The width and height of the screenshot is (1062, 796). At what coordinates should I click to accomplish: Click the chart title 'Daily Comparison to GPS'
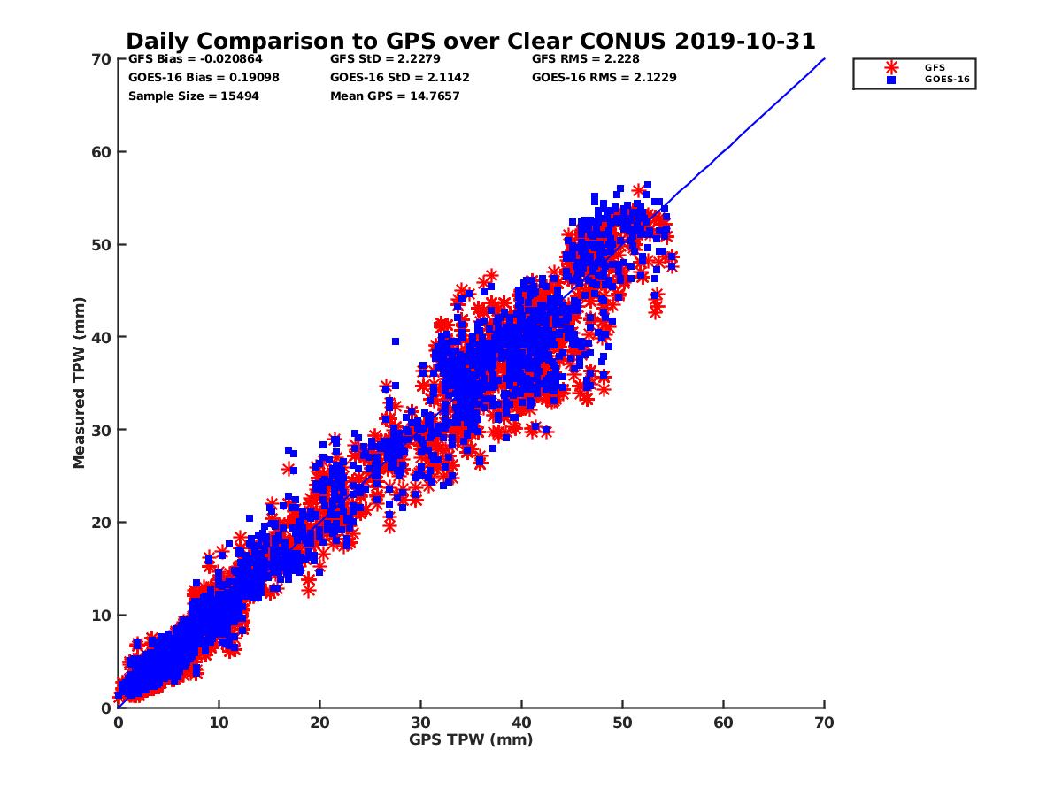coord(470,42)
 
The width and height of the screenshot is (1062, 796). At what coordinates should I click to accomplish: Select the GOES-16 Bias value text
coord(190,78)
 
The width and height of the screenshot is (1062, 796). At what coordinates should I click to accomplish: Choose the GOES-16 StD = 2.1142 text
coord(400,78)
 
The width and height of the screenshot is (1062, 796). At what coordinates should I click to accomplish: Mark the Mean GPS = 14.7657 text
coord(395,96)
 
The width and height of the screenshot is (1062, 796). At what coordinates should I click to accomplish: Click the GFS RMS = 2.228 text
coord(586,59)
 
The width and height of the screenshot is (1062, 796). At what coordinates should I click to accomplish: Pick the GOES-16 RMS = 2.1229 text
coord(597,78)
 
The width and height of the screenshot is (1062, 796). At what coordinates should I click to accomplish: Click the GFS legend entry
coord(934,67)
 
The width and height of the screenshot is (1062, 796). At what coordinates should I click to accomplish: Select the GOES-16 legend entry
coord(942,80)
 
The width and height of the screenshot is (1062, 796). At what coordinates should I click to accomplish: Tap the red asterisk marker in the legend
coord(891,67)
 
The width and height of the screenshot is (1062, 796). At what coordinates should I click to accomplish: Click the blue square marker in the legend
coord(891,80)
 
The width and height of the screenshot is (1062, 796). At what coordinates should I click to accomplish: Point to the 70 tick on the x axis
coord(824,723)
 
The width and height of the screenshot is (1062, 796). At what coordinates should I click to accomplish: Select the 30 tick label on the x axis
coord(420,723)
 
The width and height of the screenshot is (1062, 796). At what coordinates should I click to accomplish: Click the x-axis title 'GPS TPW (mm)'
coord(471,739)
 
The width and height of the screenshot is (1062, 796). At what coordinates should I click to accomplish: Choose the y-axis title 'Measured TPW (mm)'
coord(80,382)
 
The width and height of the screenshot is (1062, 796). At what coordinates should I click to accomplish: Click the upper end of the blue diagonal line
coord(823,59)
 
